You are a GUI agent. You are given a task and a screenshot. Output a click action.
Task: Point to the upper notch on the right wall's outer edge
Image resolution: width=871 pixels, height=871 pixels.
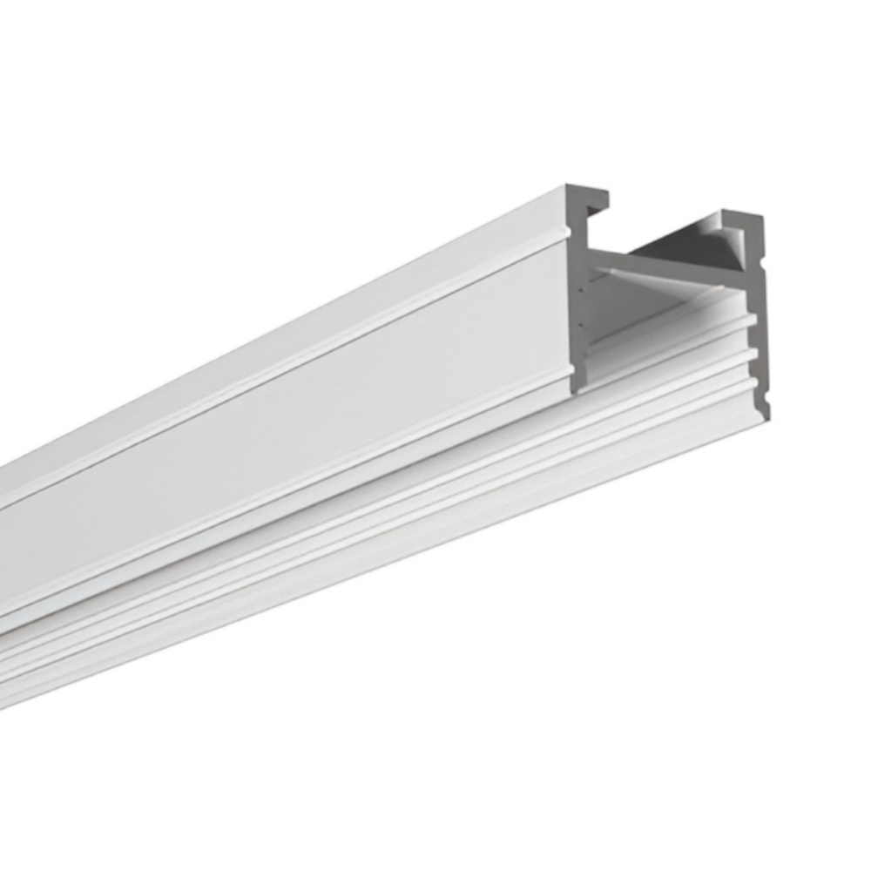[765, 259]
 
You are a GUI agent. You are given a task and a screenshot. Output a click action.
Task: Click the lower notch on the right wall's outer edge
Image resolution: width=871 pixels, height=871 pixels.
[767, 403]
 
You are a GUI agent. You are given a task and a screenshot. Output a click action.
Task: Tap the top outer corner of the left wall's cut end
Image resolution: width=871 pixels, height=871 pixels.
[567, 188]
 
